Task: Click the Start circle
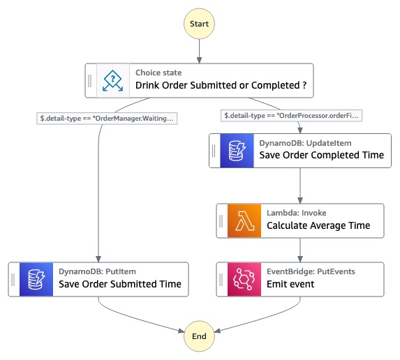point(199,24)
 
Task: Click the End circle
point(199,336)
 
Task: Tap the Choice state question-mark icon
point(113,80)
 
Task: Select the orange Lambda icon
point(244,220)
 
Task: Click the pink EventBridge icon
point(244,279)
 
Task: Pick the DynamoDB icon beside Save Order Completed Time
point(237,151)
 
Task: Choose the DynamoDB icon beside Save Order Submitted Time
point(36,279)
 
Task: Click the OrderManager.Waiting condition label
point(107,119)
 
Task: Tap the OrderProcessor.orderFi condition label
point(291,116)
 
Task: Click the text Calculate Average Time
point(318,225)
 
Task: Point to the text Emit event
point(290,284)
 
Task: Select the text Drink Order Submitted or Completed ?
point(221,85)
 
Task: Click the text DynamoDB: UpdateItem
point(305,143)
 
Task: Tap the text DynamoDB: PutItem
point(97,271)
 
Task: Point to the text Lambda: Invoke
point(297,213)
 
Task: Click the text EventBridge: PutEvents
point(311,271)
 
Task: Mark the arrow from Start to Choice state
point(199,51)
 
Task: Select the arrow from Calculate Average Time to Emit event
point(300,250)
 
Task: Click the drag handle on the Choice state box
point(90,80)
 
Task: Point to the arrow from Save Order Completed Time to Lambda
point(300,186)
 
